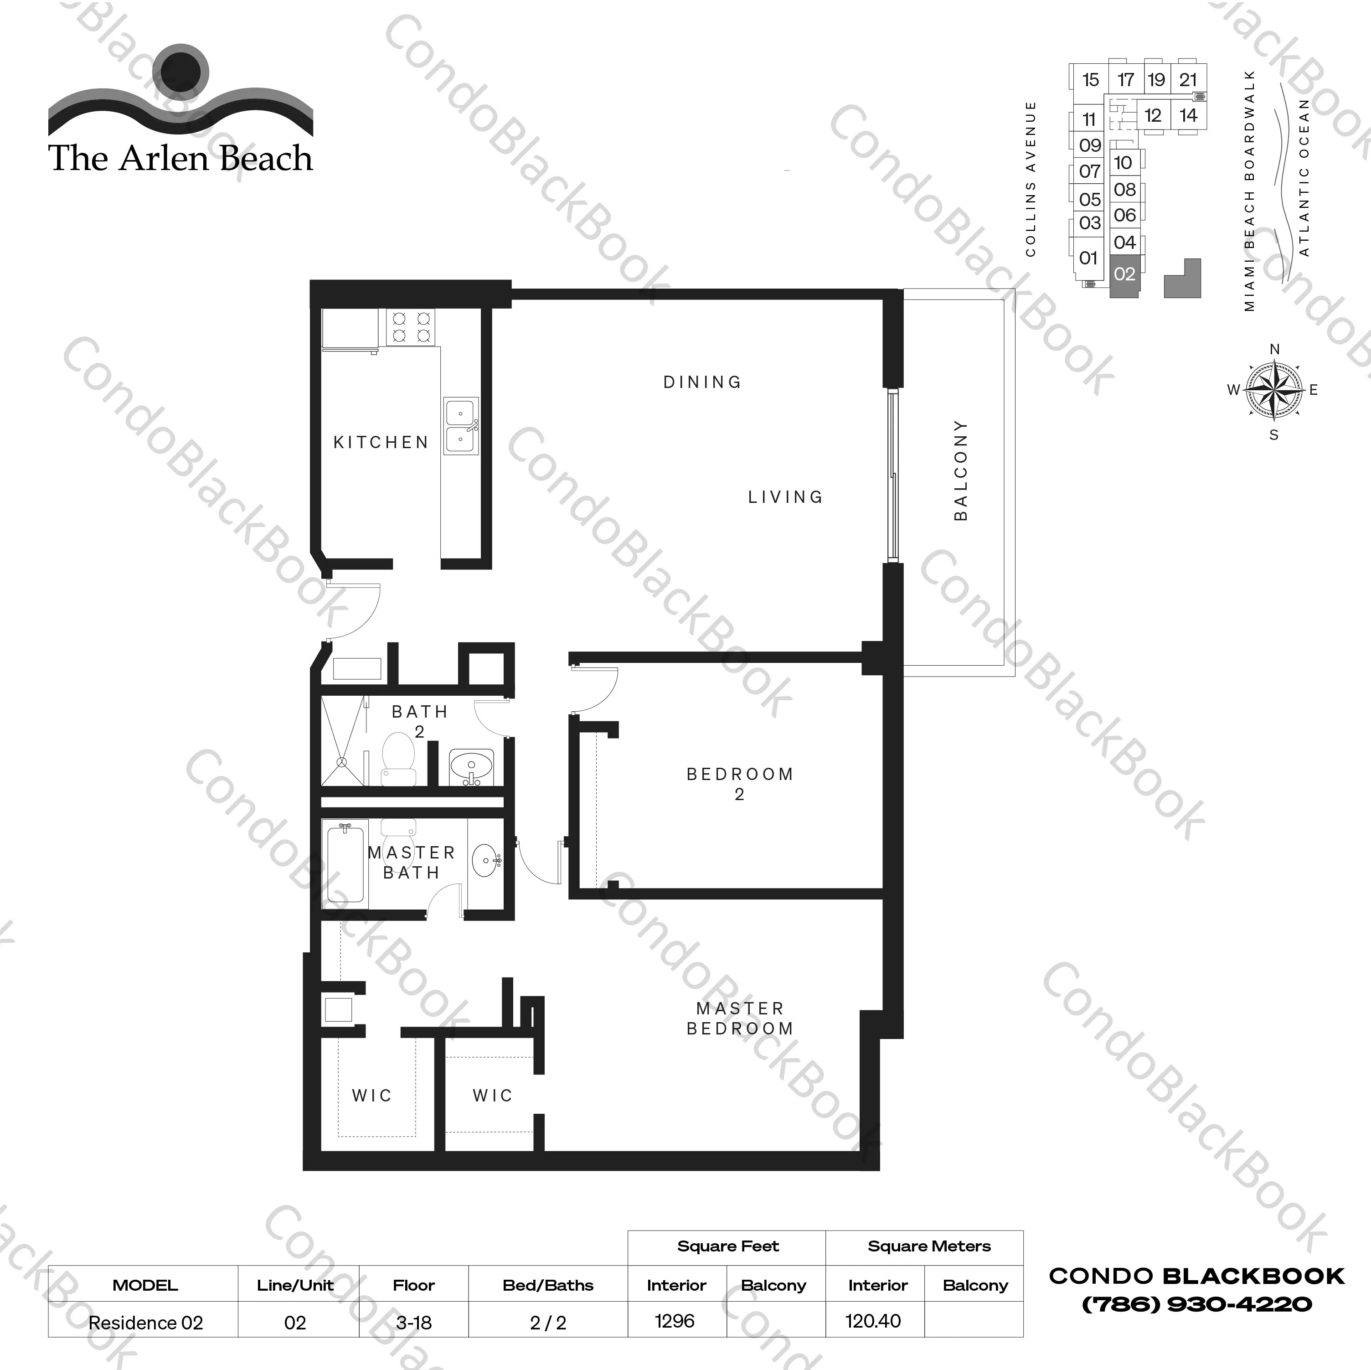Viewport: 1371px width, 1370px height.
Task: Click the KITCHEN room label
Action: tap(381, 442)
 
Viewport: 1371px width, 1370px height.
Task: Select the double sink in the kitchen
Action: tap(461, 426)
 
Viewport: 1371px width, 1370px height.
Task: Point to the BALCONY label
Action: tap(961, 470)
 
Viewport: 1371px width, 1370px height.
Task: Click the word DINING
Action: tap(702, 382)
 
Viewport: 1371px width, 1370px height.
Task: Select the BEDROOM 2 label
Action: tap(739, 784)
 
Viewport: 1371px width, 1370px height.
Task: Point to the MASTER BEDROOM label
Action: tap(739, 1018)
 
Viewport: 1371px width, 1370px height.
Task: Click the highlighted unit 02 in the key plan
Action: tap(1124, 274)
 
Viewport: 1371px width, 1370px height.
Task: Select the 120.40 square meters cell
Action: tap(873, 1321)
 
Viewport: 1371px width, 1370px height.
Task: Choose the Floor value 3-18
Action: tap(414, 1323)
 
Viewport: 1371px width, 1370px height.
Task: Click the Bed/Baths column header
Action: tap(548, 1285)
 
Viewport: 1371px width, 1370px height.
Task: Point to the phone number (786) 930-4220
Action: tap(1196, 1304)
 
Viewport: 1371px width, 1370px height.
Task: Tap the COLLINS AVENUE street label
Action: tap(1031, 179)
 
